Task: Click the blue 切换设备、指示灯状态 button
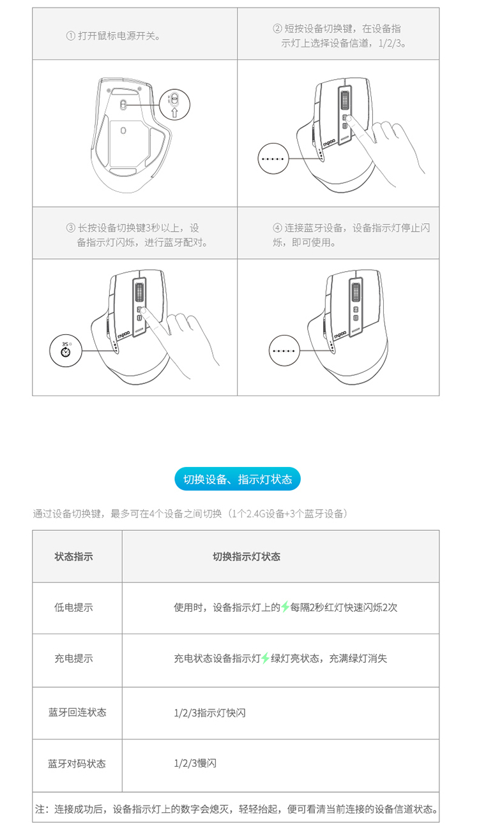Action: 238,478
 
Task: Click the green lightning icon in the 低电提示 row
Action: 285,607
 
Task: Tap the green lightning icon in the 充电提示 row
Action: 265,658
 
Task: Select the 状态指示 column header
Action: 73,556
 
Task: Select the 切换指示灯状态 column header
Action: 247,556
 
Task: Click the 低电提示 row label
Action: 73,607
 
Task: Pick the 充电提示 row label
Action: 73,658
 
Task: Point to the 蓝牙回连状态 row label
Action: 77,713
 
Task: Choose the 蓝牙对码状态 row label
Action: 77,764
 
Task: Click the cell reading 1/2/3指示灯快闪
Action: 209,713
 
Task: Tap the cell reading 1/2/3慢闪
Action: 195,763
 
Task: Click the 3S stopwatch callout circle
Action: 66,350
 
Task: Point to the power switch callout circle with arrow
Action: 175,105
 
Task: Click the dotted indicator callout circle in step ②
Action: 273,159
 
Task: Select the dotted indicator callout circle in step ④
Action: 284,350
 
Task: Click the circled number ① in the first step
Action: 71,36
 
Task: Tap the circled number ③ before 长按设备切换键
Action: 71,228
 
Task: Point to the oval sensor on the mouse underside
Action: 123,130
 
